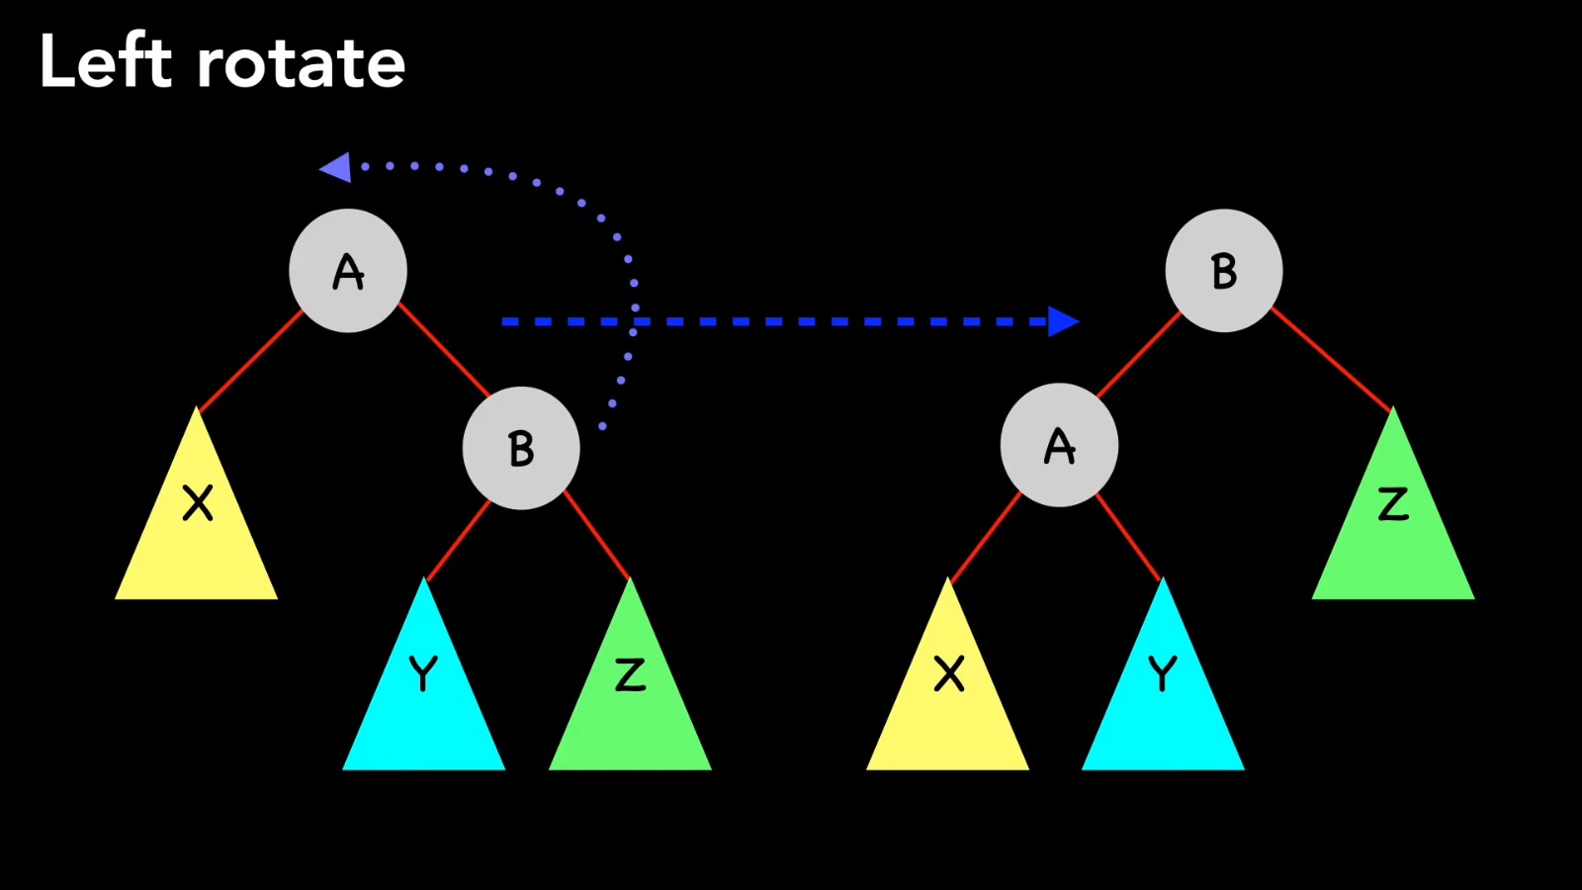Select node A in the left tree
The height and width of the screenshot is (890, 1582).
[x=348, y=271]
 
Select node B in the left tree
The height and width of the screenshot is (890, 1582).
[x=521, y=448]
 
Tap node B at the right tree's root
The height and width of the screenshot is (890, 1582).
[x=1224, y=271]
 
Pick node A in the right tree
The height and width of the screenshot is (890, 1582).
[x=1060, y=446]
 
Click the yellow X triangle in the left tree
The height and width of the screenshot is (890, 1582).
[x=197, y=524]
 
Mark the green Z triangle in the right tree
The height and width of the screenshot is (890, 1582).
[x=1393, y=524]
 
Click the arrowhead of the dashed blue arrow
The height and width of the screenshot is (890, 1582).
[x=1063, y=321]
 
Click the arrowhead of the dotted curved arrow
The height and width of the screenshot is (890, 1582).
[x=336, y=167]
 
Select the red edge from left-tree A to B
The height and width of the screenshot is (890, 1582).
[x=445, y=351]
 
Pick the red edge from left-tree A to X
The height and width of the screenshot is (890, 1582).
[x=251, y=360]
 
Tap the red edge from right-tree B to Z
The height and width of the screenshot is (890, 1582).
[x=1331, y=359]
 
